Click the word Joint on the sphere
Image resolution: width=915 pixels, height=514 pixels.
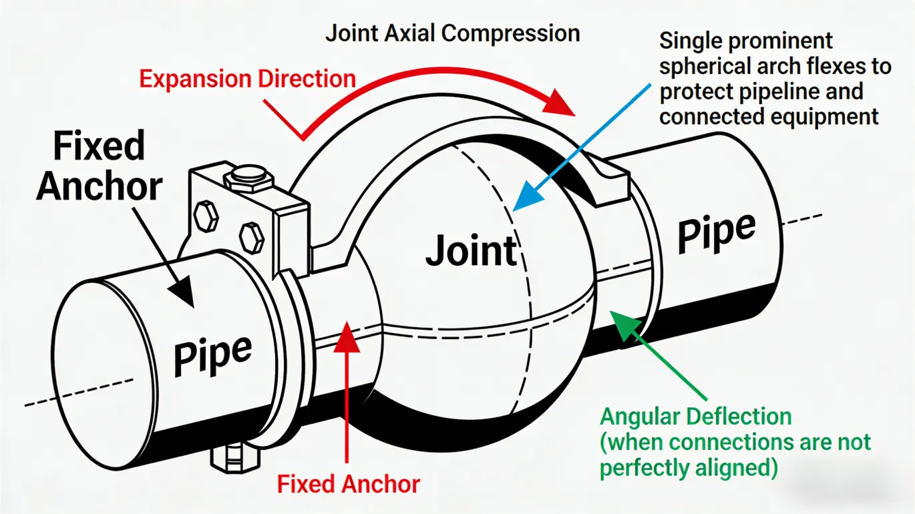471,250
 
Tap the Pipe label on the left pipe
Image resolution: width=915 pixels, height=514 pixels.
212,354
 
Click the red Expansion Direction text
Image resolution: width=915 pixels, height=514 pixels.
247,78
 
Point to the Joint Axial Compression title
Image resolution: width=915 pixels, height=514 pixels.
452,33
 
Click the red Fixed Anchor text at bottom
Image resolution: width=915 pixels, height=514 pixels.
348,483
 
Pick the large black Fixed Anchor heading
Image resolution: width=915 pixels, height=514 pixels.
100,166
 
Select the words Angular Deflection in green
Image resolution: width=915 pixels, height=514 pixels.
695,417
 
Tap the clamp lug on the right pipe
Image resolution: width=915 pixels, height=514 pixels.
611,177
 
